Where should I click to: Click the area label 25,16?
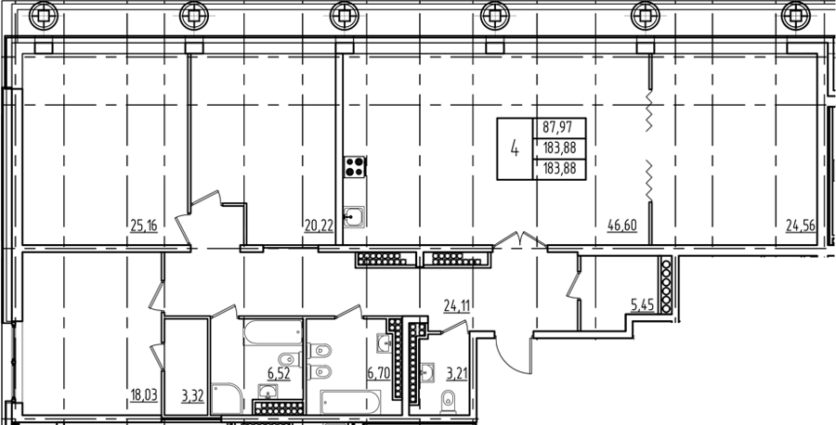coord(144,226)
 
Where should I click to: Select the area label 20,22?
coord(319,226)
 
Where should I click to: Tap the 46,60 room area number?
coord(622,226)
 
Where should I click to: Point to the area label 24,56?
coord(801,226)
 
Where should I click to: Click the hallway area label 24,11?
coord(458,305)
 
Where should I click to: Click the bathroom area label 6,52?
coord(279,374)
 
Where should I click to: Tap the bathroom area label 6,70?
coord(379,374)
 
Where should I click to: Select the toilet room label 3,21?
coord(456,374)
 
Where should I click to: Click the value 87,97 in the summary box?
coord(555,128)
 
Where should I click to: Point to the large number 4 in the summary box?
coord(515,148)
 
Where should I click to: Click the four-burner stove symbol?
coord(355,166)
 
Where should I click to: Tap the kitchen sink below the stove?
coord(354,217)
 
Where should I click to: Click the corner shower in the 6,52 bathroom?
coord(227,398)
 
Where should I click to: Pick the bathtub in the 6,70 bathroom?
coord(351,403)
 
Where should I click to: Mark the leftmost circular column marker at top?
coord(42,16)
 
